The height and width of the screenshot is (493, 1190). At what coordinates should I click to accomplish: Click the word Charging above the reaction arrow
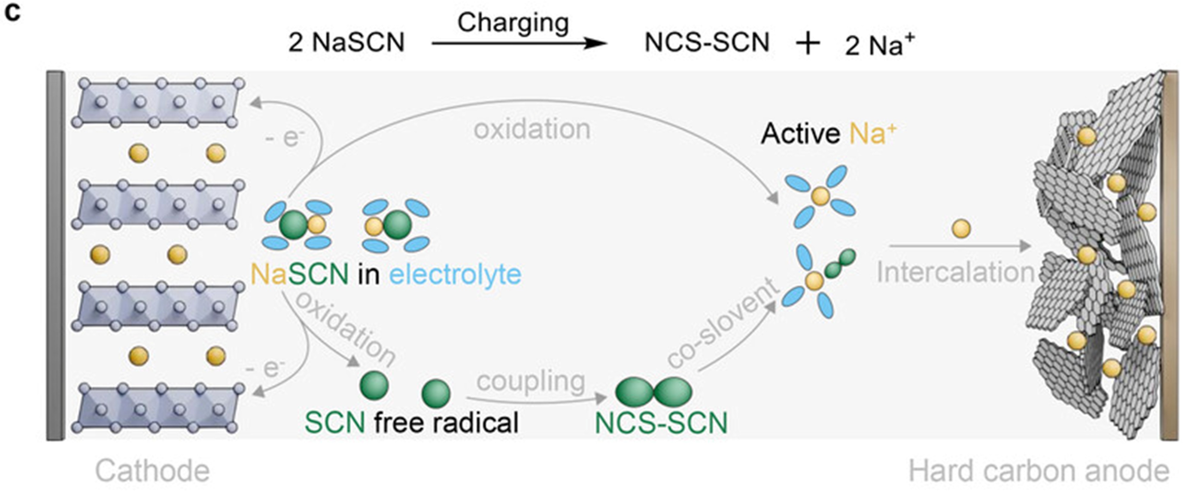point(513,23)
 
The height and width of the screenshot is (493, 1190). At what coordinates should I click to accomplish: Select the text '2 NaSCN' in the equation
point(347,43)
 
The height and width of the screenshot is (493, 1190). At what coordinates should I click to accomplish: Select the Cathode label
point(152,471)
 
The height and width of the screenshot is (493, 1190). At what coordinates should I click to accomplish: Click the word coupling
point(531,382)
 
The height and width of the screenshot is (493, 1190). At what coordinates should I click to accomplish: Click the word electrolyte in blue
point(455,274)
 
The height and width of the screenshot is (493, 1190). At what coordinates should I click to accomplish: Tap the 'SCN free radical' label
point(411,422)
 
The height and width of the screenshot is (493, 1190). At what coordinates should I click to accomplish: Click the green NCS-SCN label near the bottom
point(661,423)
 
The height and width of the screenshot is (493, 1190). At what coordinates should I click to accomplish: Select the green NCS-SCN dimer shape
point(654,391)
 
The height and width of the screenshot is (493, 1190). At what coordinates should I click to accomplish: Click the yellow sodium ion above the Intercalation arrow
point(961,229)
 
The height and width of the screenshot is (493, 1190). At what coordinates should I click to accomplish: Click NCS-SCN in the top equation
point(707,43)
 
